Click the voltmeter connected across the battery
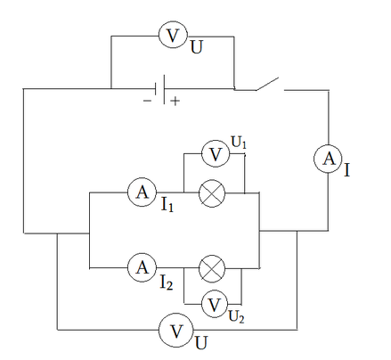tap(173, 35)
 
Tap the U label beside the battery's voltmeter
tap(196, 47)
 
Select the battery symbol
tap(159, 89)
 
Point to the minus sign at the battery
tap(147, 101)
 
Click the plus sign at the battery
tap(175, 102)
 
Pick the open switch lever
tap(267, 84)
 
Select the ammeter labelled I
tap(328, 159)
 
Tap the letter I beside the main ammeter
tap(346, 170)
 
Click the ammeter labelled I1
tap(142, 192)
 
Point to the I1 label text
tap(167, 205)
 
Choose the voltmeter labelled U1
tap(216, 154)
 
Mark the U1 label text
tap(239, 143)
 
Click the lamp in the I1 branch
tap(212, 193)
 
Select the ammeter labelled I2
tap(142, 267)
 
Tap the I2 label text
tap(167, 282)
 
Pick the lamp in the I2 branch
tap(212, 268)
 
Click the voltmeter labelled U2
tap(215, 304)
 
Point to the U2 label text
tap(236, 317)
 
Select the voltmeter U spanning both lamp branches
tap(176, 330)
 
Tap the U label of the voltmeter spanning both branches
tap(201, 343)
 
